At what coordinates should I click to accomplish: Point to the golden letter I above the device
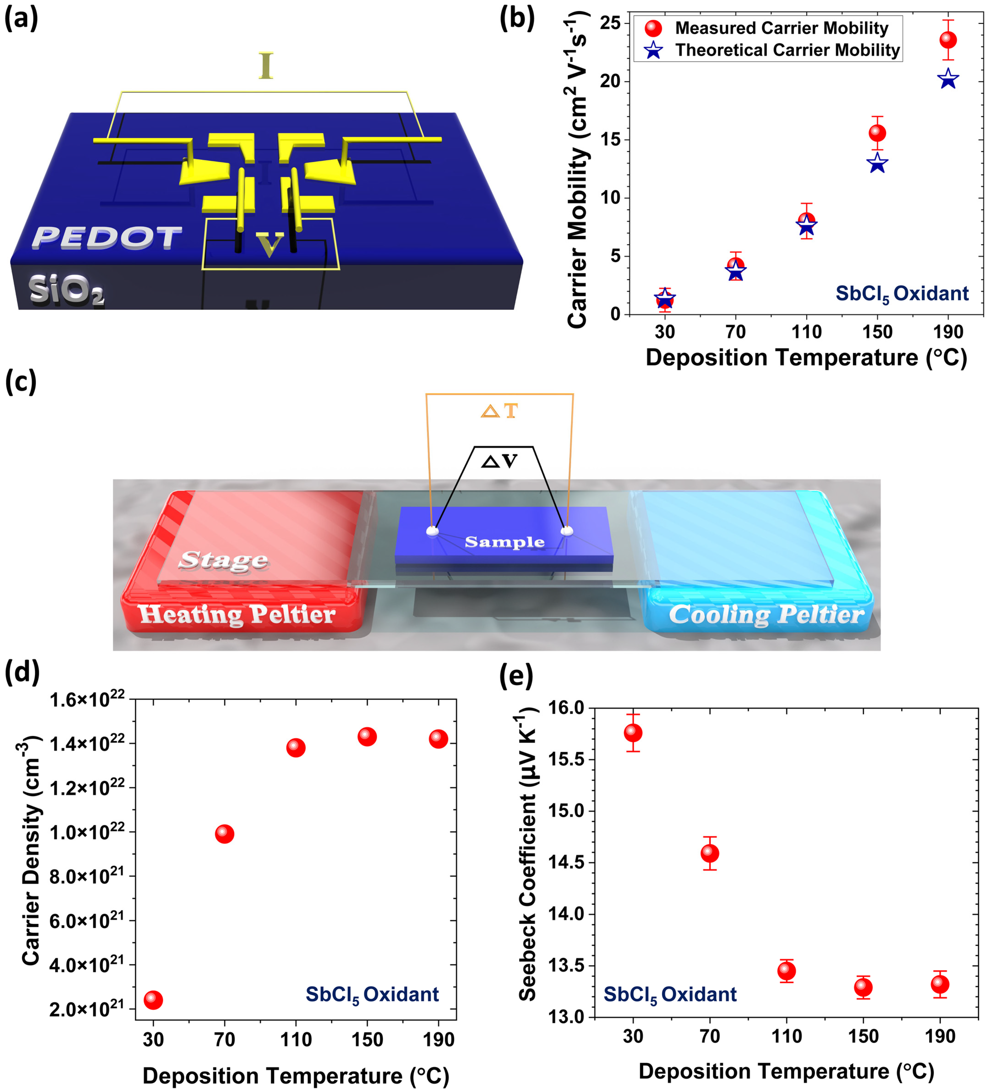click(x=265, y=66)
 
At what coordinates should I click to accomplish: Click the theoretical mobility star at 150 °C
click(x=877, y=163)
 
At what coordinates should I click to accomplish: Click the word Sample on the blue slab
click(x=504, y=542)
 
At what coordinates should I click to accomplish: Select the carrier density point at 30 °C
click(x=153, y=999)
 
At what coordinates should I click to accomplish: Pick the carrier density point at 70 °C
click(x=224, y=834)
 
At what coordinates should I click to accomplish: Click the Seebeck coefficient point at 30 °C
click(x=633, y=733)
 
